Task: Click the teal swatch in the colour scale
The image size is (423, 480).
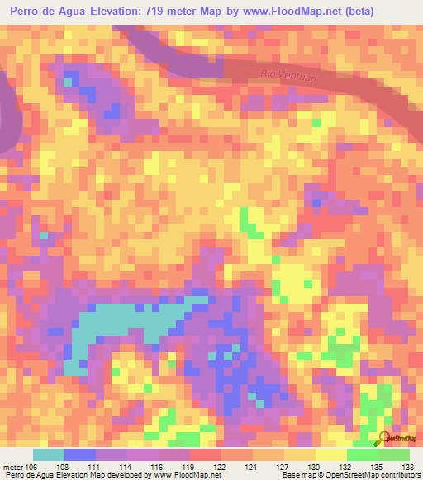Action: pos(49,454)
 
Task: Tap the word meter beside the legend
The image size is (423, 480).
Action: pos(13,466)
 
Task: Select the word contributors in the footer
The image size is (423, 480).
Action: pos(396,475)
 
